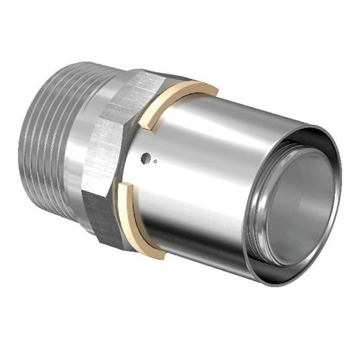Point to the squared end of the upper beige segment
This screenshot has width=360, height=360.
coord(145,120)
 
